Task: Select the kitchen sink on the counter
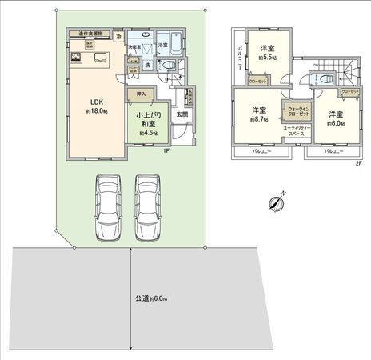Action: click(x=98, y=57)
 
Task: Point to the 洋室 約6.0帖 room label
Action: click(x=334, y=118)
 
